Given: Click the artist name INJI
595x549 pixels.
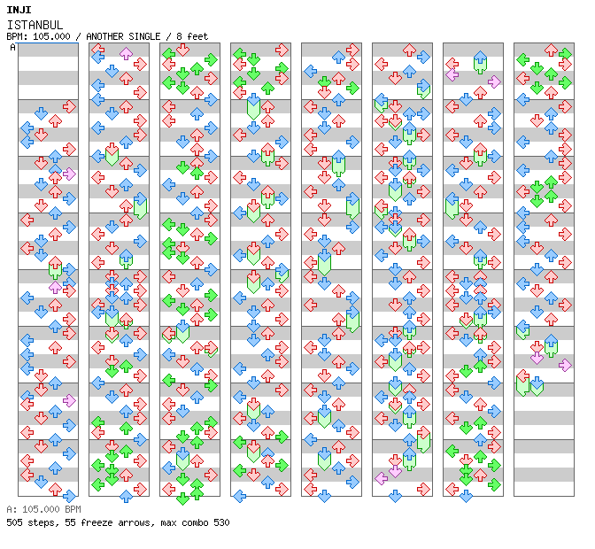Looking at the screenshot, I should (x=19, y=9).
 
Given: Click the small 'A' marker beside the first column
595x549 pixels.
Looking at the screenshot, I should (x=13, y=48).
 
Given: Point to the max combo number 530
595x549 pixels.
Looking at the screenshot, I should (x=220, y=522).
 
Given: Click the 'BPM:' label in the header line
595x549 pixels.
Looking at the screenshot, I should (x=16, y=36).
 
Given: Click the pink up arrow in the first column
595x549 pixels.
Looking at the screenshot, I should (x=55, y=287).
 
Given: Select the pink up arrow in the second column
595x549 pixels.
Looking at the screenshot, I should (x=126, y=53).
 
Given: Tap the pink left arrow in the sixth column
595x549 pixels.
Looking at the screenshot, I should (x=381, y=478).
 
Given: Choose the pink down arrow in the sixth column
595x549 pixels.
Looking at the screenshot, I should (x=395, y=471).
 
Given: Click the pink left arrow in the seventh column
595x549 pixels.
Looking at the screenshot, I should (x=452, y=74).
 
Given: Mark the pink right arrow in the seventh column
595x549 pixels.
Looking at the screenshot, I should (x=494, y=81).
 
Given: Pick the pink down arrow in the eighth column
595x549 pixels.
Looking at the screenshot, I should (x=537, y=358).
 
